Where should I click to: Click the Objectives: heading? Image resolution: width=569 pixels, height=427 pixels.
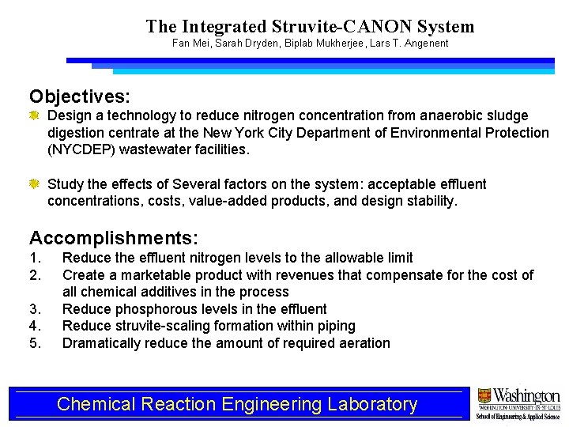[80, 96]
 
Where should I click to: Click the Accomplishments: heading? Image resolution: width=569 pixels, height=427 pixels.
[114, 237]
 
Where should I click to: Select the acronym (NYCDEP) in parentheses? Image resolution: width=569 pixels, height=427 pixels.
[80, 149]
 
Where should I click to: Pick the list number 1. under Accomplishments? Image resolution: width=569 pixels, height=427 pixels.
[35, 258]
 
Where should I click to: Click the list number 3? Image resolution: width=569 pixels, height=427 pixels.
[35, 309]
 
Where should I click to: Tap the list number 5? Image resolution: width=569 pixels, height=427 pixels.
[35, 343]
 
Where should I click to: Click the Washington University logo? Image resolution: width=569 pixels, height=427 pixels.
[518, 404]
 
